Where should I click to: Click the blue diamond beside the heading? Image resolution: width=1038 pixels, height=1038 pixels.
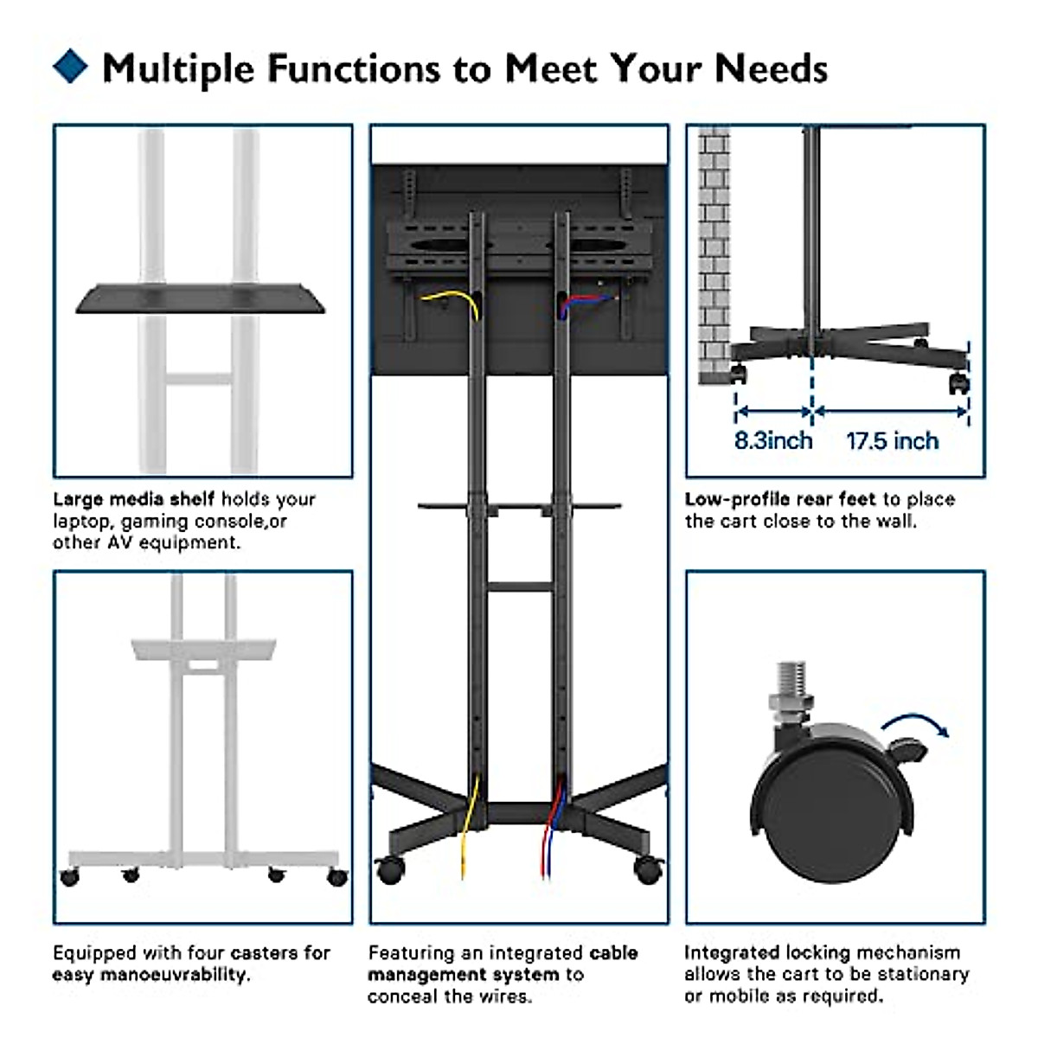(70, 67)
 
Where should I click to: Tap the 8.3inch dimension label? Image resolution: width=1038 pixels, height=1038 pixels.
(773, 440)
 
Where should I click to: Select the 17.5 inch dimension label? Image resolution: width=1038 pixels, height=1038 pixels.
(892, 441)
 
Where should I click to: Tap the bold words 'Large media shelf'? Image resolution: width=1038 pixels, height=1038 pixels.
(133, 499)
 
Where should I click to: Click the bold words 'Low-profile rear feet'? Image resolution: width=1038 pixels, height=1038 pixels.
(780, 499)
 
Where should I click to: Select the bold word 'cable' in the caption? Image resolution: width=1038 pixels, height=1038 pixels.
(613, 953)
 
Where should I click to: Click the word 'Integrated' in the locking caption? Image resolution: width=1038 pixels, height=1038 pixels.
(732, 953)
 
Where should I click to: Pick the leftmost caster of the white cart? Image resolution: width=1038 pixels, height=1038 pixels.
(69, 877)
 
